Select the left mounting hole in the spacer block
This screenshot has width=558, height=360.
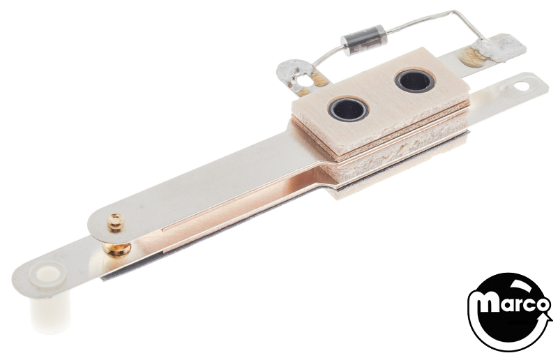(x=348, y=109)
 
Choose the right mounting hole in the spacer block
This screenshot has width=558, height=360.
(x=414, y=81)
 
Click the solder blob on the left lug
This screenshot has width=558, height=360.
(x=292, y=71)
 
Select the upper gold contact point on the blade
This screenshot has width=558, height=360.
(x=116, y=222)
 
